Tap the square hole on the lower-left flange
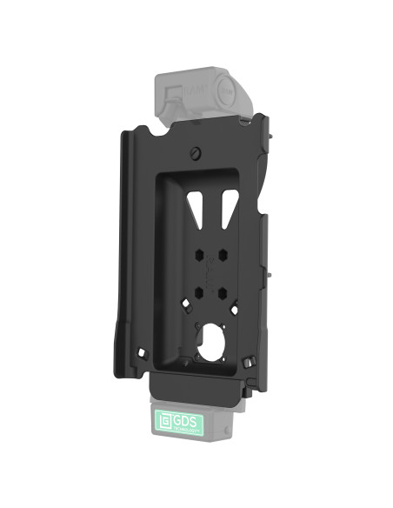point(140,351)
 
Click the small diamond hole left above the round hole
point(185,304)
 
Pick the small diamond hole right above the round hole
point(234,309)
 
